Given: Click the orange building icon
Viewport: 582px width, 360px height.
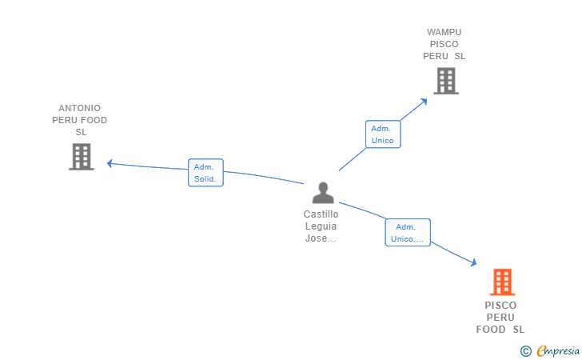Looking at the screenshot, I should [x=502, y=282].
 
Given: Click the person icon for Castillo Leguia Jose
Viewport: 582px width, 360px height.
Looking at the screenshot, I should [x=323, y=194].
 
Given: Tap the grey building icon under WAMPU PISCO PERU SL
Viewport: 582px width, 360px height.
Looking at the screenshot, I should [x=445, y=81].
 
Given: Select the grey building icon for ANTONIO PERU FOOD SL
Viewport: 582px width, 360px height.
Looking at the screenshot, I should [x=81, y=157].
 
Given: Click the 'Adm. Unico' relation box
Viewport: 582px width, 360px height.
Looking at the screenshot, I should [x=382, y=134].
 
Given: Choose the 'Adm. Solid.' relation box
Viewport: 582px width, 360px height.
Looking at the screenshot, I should [x=205, y=173].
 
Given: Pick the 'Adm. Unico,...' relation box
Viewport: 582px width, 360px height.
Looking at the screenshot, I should [x=408, y=232].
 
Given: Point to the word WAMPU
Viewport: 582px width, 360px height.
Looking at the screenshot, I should [x=444, y=33].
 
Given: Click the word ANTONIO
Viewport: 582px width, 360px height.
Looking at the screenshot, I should [x=80, y=108].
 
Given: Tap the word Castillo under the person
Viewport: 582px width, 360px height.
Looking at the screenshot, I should [x=321, y=214].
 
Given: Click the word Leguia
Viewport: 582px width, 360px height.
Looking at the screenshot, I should [x=321, y=226].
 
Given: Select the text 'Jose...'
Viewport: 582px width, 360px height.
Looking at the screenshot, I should [x=321, y=238].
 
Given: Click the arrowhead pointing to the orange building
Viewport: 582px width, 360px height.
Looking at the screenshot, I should [x=473, y=262].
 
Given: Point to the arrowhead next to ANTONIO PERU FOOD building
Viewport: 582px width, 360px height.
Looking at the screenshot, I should [x=110, y=163].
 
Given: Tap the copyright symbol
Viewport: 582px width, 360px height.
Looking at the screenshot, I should [x=525, y=350].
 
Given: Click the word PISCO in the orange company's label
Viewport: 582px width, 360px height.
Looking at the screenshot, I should [x=500, y=306].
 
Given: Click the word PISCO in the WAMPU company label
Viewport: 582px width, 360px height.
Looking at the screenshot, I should [x=444, y=45].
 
